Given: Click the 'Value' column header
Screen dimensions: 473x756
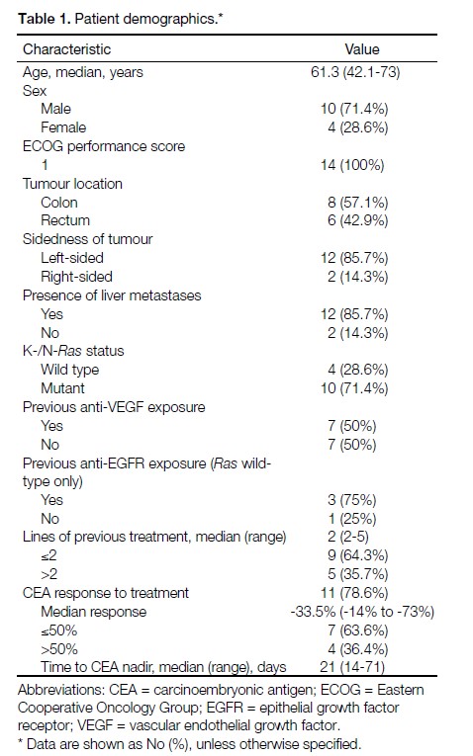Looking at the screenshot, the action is click(x=362, y=49).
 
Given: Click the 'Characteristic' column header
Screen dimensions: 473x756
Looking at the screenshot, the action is click(x=66, y=49).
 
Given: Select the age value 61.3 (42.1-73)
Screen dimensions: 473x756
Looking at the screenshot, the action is click(x=355, y=72).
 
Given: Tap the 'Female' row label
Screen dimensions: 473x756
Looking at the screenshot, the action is click(x=63, y=127).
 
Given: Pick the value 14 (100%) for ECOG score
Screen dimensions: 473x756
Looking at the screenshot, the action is click(x=352, y=165).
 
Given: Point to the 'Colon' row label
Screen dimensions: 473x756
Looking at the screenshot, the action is click(x=59, y=202).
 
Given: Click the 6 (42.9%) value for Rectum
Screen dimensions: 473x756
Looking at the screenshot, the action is click(x=357, y=220).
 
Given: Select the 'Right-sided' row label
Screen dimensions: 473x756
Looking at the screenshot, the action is click(x=76, y=277).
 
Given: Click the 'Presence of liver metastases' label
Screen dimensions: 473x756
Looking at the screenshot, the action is click(x=112, y=295).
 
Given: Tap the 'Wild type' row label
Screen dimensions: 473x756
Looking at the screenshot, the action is click(x=69, y=370).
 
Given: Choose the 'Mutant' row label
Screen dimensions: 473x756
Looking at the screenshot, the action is click(x=62, y=388).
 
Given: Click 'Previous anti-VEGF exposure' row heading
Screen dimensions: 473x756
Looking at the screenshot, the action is click(x=114, y=407).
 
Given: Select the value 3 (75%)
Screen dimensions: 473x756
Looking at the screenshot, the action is click(x=352, y=500).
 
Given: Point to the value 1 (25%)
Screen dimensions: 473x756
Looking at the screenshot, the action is click(x=352, y=519).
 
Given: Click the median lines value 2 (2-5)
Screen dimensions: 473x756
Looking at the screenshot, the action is click(x=348, y=537).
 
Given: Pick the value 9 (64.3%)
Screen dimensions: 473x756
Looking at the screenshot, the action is click(x=357, y=555).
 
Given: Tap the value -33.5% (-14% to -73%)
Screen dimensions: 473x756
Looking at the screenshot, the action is click(x=362, y=612).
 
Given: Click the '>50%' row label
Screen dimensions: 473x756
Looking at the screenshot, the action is click(x=59, y=649).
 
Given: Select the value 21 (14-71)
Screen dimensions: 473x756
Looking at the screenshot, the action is click(x=352, y=667).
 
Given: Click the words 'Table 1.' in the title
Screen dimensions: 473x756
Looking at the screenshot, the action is click(x=45, y=19).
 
